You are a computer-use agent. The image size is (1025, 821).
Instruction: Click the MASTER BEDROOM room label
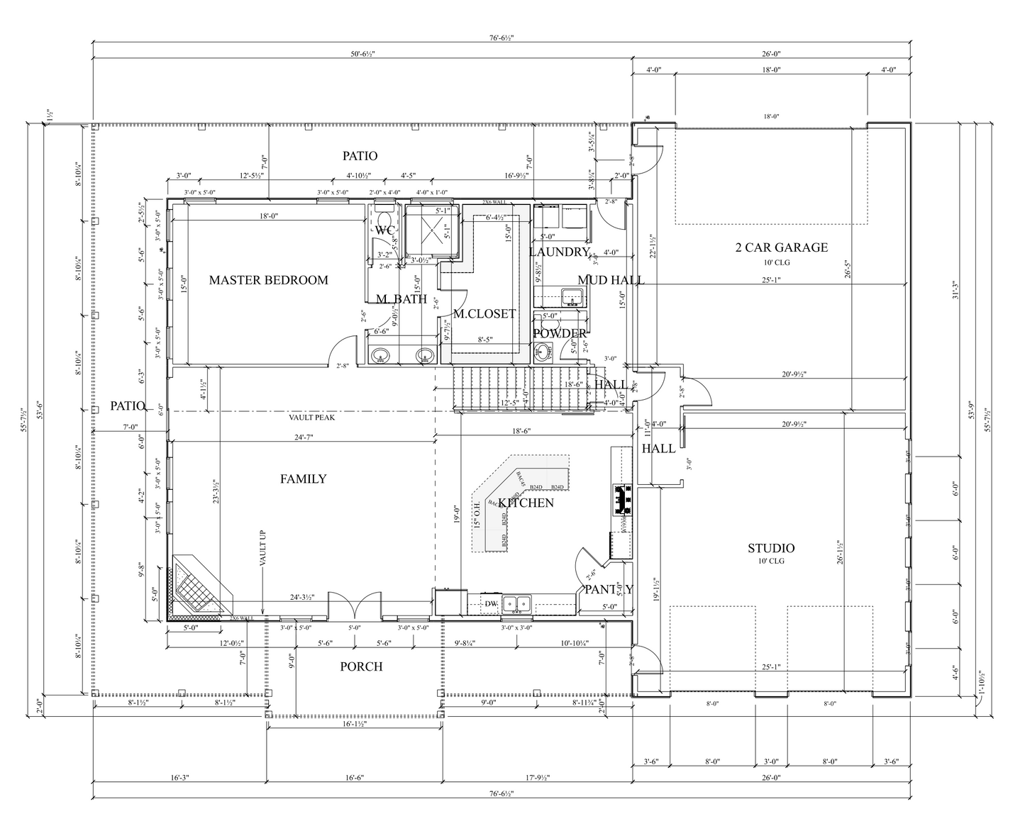[x=268, y=280]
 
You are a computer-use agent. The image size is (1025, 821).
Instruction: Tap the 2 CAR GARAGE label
[x=781, y=247]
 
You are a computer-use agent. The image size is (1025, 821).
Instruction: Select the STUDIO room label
[x=770, y=548]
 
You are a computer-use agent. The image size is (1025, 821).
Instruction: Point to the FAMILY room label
[x=303, y=479]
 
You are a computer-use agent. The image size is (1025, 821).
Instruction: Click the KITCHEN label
[x=526, y=503]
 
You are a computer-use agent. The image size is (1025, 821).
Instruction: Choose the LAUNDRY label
[x=559, y=252]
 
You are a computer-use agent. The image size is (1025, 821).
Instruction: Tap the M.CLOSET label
[x=484, y=313]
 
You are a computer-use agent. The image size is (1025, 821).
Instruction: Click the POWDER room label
[x=560, y=333]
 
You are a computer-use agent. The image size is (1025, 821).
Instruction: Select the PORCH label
[x=361, y=666]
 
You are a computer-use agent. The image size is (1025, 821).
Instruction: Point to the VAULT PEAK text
[x=311, y=418]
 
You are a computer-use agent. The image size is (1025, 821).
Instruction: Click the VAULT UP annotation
[x=262, y=567]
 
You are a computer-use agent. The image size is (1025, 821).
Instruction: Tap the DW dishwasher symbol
[x=491, y=604]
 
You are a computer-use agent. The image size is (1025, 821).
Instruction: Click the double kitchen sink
[x=517, y=604]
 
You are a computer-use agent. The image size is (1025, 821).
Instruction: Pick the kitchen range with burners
[x=622, y=499]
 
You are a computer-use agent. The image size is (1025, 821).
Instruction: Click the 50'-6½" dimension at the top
[x=361, y=54]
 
